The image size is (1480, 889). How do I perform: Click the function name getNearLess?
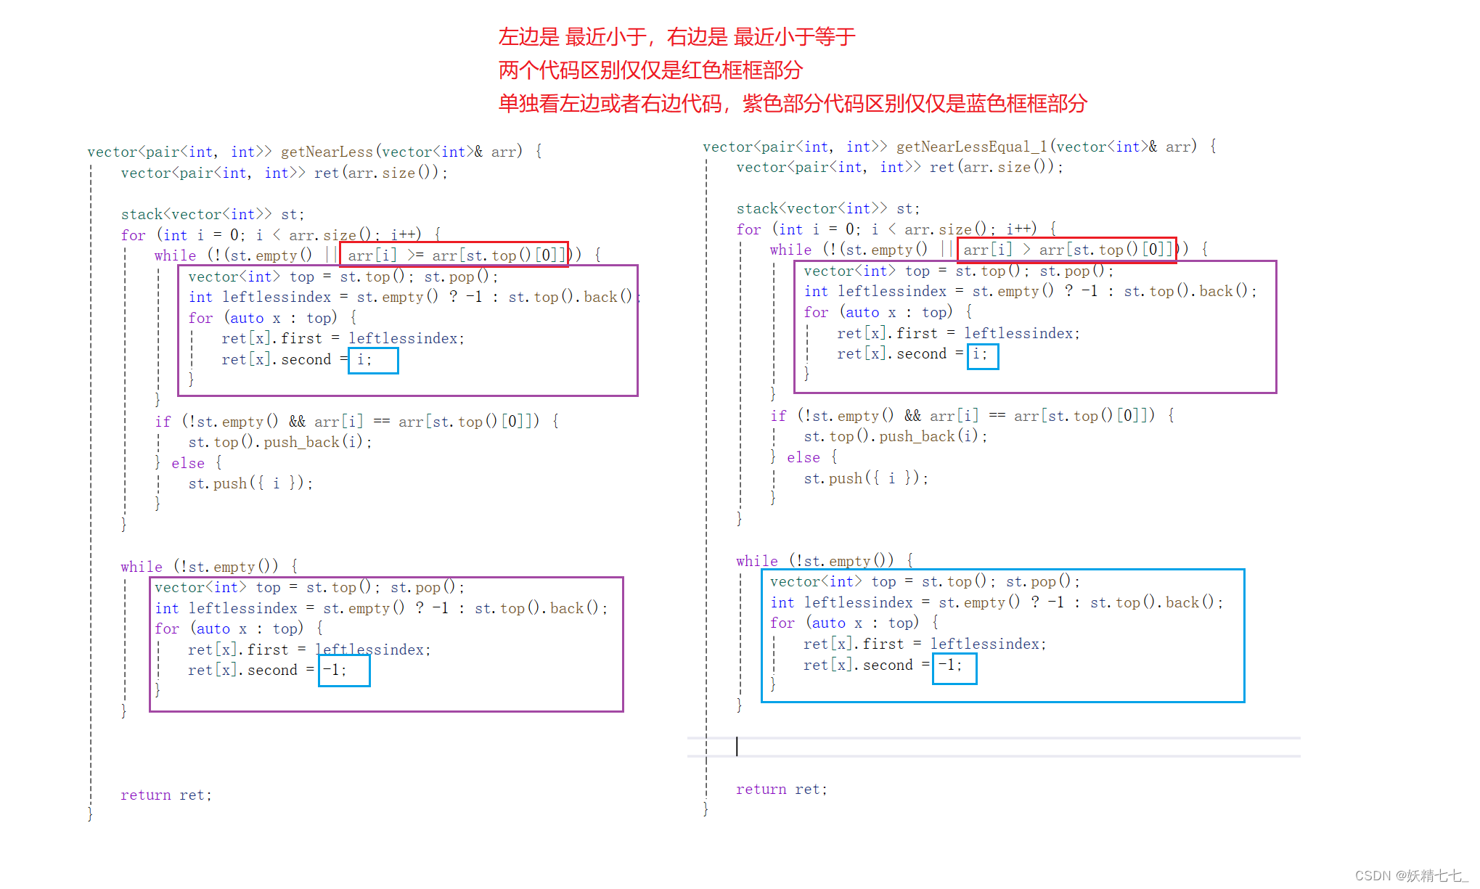327,152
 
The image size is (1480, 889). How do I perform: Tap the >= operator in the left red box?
415,255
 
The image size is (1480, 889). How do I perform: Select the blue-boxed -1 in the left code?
335,670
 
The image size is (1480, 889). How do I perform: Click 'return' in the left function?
145,795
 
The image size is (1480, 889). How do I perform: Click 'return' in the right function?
761,789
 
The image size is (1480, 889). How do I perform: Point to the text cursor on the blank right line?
737,746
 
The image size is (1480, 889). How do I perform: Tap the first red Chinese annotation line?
676,36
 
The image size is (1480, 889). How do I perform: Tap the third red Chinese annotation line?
792,104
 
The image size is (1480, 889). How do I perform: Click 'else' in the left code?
188,463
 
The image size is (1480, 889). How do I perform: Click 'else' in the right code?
804,457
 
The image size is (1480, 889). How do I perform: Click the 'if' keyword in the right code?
778,416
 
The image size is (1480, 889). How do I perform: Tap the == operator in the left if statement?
381,421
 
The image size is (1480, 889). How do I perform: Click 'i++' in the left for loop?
406,234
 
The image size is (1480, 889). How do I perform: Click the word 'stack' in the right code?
757,208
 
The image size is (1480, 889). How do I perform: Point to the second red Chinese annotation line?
650,70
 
